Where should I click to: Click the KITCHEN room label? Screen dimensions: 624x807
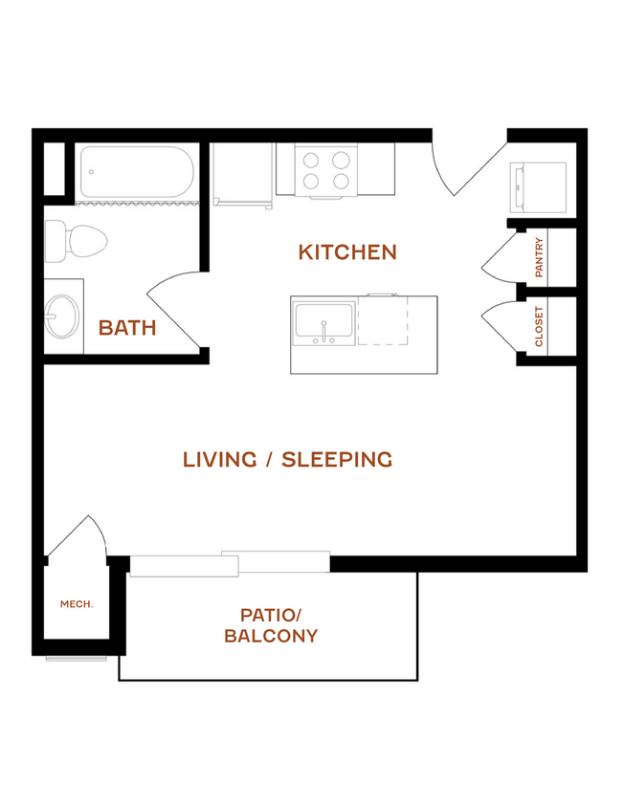(x=347, y=252)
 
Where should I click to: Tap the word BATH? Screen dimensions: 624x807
(x=127, y=328)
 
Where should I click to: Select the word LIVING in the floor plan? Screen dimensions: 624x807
(x=219, y=460)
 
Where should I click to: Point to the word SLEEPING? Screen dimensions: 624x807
(x=337, y=460)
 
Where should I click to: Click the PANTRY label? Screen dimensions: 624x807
(x=539, y=257)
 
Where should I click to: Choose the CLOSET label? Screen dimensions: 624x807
(x=539, y=326)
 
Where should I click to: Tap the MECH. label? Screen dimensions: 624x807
(x=77, y=603)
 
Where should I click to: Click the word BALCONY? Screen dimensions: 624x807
(x=271, y=636)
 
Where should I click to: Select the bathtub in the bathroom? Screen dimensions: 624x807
(x=137, y=172)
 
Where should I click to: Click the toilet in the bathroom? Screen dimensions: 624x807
(x=76, y=241)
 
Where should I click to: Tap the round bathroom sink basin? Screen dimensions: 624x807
(x=62, y=316)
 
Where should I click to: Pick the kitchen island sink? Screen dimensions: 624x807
(x=323, y=323)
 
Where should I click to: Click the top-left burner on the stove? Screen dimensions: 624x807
(x=311, y=161)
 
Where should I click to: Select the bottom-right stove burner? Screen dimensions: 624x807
(x=341, y=181)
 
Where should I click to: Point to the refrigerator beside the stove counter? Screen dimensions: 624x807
(x=242, y=175)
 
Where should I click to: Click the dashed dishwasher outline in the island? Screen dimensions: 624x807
(x=383, y=320)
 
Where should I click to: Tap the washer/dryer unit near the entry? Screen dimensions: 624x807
(x=539, y=187)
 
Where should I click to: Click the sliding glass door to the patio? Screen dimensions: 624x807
(x=230, y=563)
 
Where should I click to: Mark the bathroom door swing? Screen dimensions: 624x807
(x=174, y=309)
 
